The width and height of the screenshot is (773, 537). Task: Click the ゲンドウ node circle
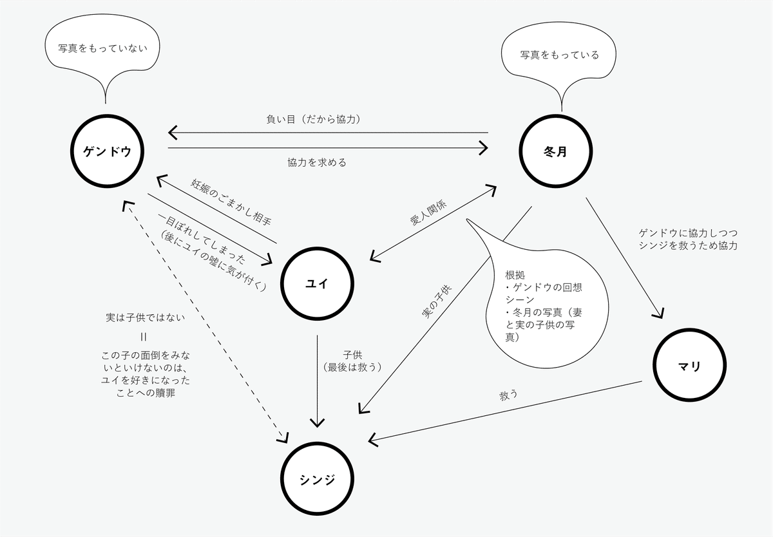tap(108, 151)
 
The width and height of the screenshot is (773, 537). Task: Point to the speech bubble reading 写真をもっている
tap(559, 55)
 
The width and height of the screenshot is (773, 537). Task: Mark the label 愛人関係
tap(428, 212)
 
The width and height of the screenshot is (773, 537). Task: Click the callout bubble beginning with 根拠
tap(548, 303)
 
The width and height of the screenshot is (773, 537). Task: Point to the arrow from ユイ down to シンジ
tap(317, 380)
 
